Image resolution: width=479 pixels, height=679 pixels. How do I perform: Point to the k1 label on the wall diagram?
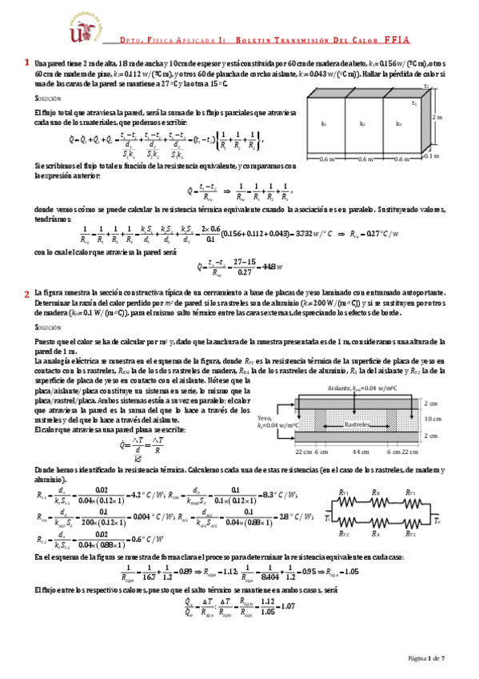pos(324,124)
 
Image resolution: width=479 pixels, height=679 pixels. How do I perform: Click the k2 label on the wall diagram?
pos(362,124)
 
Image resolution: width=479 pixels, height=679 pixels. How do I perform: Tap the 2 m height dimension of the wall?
pos(436,117)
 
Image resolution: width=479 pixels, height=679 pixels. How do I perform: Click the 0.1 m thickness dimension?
pos(431,156)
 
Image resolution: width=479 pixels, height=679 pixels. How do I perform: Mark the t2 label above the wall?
pos(426,85)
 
